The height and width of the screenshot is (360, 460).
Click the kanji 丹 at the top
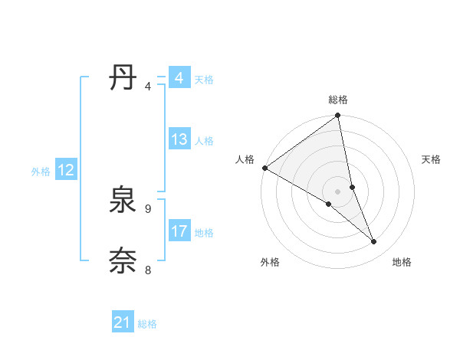tap(123, 79)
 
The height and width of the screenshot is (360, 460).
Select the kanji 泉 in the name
tap(123, 201)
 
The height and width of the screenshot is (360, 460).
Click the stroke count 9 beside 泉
tap(148, 208)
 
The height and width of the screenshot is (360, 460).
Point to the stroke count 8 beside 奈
tap(148, 270)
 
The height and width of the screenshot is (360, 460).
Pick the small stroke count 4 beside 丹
tap(148, 86)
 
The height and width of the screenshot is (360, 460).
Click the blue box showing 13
tap(179, 139)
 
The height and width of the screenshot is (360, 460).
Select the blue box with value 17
tap(179, 231)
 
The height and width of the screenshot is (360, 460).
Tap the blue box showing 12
tap(66, 171)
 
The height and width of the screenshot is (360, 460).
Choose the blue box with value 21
tap(123, 322)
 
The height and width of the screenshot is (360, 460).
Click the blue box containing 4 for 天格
tap(179, 78)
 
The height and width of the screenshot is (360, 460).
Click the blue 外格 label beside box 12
tap(41, 172)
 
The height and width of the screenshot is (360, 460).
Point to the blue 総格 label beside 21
tap(148, 324)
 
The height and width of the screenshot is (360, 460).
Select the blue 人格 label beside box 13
tap(204, 141)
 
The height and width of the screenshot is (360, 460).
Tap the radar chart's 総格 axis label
tap(338, 100)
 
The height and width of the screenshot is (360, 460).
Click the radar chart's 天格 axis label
tap(432, 159)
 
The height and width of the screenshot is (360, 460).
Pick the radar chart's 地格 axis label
tap(402, 262)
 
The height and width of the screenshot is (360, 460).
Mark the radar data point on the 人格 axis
tap(264, 168)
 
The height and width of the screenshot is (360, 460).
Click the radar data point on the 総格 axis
tap(338, 116)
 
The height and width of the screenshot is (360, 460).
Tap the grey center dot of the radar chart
tap(338, 191)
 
